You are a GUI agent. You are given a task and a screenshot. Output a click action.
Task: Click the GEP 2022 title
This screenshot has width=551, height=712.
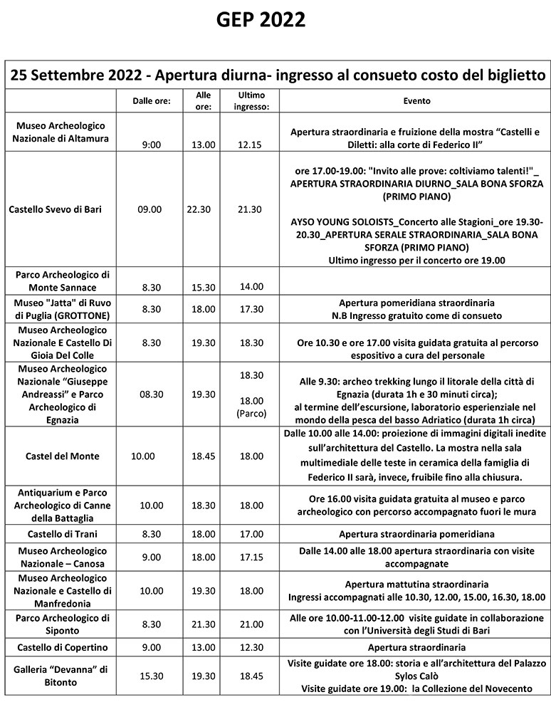(261, 21)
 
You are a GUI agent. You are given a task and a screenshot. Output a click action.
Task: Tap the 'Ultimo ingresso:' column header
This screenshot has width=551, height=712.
(253, 100)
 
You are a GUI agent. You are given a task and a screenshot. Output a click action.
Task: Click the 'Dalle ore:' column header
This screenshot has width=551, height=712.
(152, 101)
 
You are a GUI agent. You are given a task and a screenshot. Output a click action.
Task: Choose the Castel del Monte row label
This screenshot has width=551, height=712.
(63, 456)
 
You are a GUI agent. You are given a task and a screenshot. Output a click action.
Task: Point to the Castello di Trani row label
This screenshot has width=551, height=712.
(63, 533)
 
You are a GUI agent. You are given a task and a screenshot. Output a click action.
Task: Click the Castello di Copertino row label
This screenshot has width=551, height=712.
(63, 647)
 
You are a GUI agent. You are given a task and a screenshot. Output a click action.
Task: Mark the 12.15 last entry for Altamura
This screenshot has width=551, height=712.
(251, 145)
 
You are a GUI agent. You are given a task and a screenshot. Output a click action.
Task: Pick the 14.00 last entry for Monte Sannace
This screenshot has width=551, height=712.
(251, 286)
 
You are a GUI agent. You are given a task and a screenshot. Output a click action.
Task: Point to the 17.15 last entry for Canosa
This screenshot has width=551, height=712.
(251, 557)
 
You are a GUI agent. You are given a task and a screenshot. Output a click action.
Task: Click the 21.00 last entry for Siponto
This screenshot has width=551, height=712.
(251, 624)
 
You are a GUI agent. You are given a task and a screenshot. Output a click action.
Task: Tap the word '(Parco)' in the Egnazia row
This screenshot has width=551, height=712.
(252, 412)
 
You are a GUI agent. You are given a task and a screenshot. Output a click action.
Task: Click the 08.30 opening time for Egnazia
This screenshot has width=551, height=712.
(152, 394)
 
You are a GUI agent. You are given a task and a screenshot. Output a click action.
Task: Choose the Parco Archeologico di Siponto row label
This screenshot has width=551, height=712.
(63, 624)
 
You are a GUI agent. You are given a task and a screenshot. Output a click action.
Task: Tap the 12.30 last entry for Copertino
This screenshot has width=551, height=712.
(251, 647)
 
